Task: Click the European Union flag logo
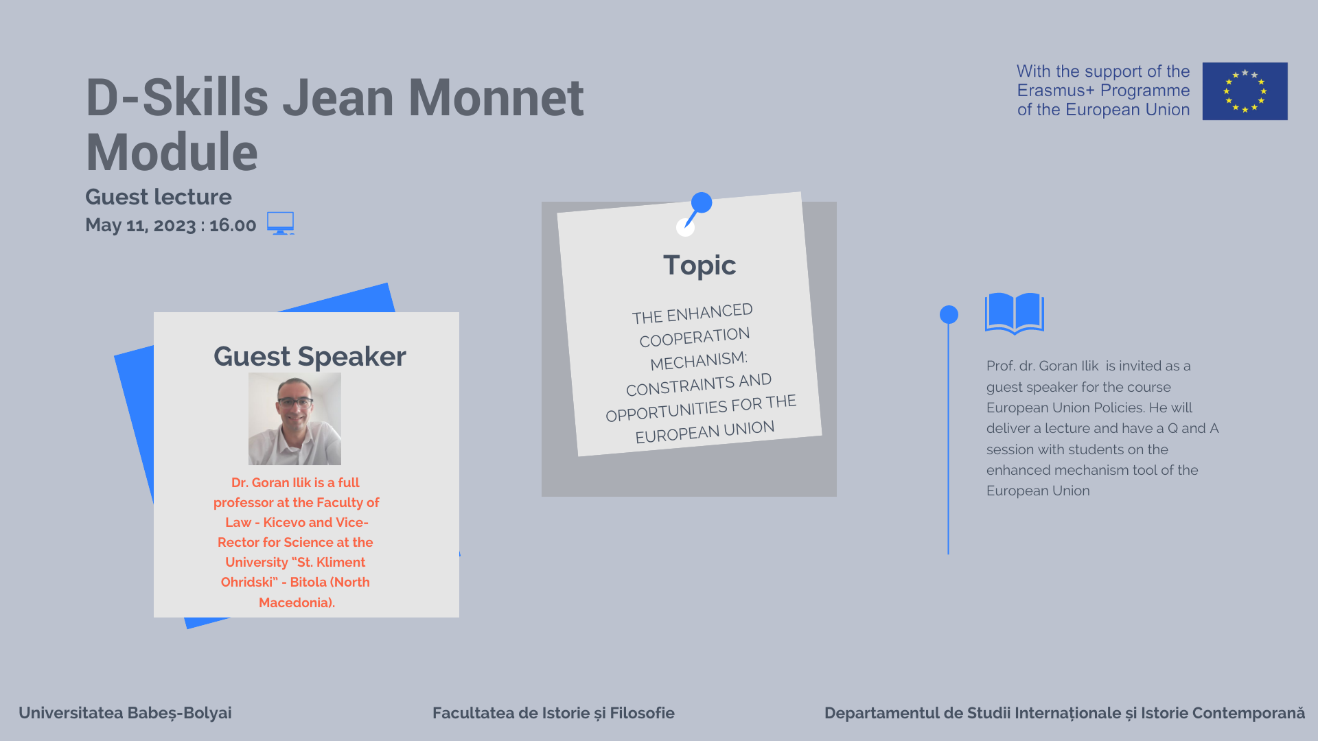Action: pyautogui.click(x=1245, y=91)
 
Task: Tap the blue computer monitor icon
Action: pyautogui.click(x=280, y=223)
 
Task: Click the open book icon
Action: pyautogui.click(x=1015, y=314)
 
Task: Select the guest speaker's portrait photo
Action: pyautogui.click(x=294, y=419)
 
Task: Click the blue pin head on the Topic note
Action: pyautogui.click(x=702, y=202)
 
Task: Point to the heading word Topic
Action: pyautogui.click(x=700, y=265)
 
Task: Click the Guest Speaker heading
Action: pyautogui.click(x=310, y=356)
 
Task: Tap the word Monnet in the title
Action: pyautogui.click(x=496, y=97)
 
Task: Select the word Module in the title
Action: pyautogui.click(x=172, y=152)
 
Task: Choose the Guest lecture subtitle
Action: pyautogui.click(x=159, y=197)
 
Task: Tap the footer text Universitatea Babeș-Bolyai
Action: pyautogui.click(x=125, y=713)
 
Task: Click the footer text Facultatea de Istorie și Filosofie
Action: pyautogui.click(x=553, y=713)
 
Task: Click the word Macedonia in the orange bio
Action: pyautogui.click(x=295, y=602)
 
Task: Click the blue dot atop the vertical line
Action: pyautogui.click(x=949, y=314)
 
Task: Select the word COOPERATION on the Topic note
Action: pyautogui.click(x=694, y=337)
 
